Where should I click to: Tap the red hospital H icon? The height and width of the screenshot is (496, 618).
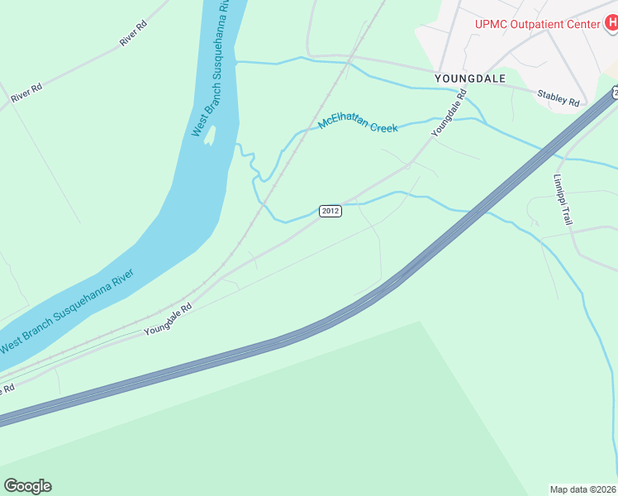(x=611, y=23)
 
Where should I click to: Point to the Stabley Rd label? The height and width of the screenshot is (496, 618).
(x=559, y=98)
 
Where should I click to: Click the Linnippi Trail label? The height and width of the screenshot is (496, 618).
(x=562, y=199)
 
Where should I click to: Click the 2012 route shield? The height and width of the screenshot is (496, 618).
(x=330, y=211)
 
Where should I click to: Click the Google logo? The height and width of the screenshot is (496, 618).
(x=27, y=486)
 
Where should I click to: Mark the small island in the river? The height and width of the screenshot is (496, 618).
(x=210, y=134)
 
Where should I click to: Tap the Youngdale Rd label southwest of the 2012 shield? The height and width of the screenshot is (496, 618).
(x=168, y=318)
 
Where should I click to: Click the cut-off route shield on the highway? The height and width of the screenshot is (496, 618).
(x=614, y=89)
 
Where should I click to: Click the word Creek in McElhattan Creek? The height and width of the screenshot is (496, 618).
(x=383, y=128)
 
